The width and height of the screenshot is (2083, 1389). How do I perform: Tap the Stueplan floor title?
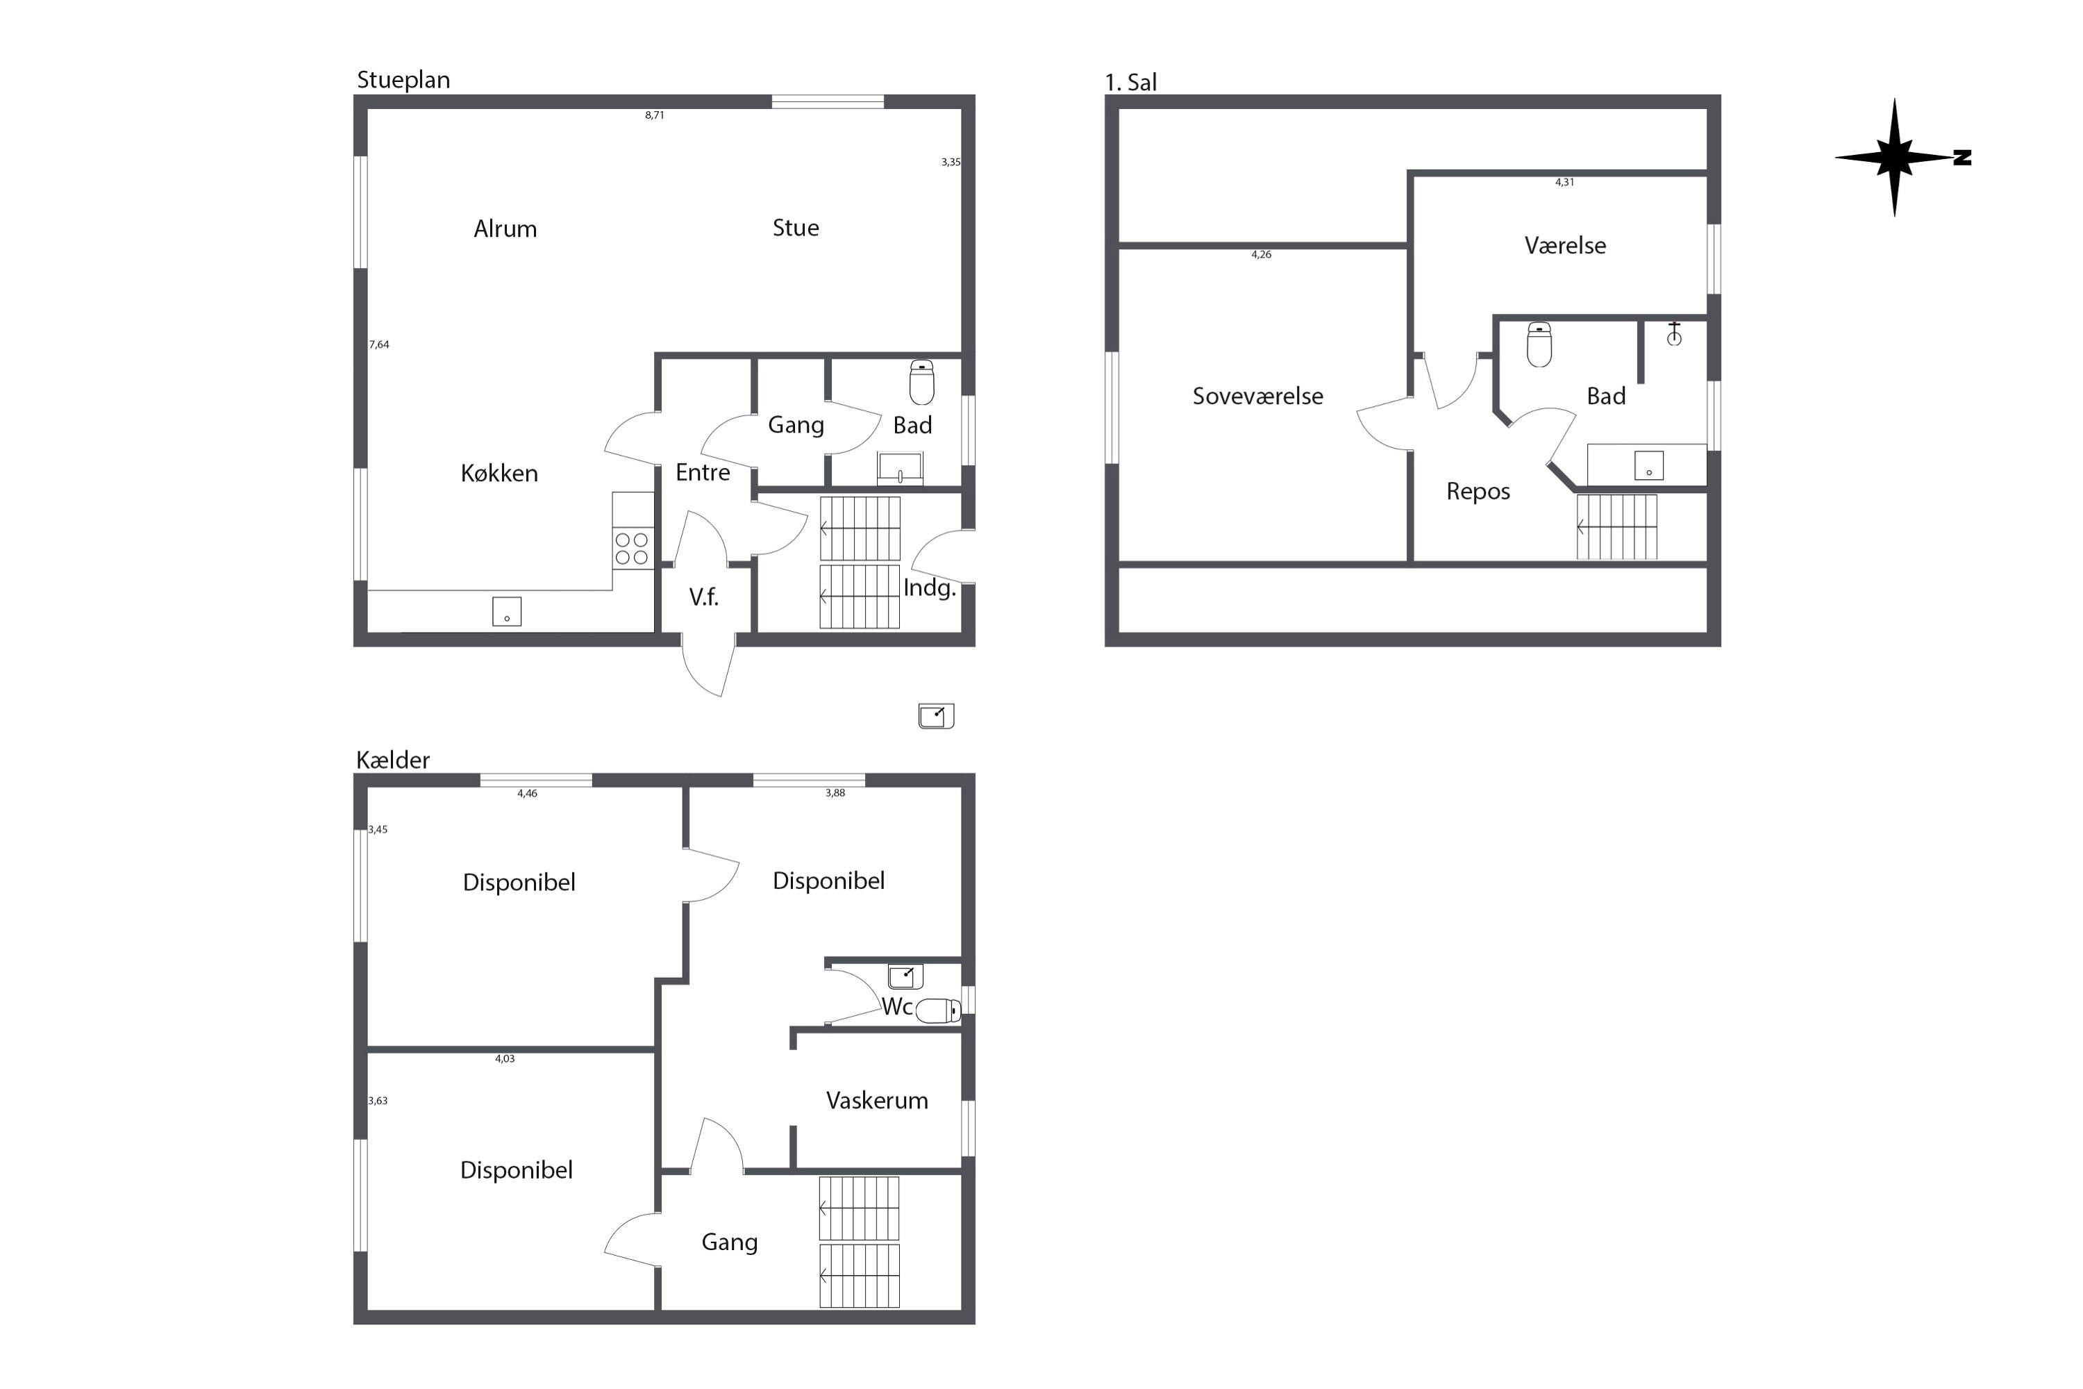(403, 81)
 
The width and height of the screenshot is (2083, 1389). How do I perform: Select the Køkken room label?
(499, 473)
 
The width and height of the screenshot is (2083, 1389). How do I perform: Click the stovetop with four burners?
(633, 547)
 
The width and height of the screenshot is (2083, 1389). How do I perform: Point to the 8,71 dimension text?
(655, 115)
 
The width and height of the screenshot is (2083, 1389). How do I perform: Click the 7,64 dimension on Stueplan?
(379, 344)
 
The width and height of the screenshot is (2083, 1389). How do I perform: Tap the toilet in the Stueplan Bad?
(922, 382)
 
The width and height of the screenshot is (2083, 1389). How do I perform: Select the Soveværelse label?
(1257, 396)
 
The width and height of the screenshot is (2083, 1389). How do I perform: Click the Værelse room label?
(1565, 245)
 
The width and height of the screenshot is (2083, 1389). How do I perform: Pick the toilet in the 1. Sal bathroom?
(1539, 344)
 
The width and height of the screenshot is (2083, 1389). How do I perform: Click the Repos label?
(1478, 492)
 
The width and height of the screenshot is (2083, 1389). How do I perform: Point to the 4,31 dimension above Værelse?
(1565, 183)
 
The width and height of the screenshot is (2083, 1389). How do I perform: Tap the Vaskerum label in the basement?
(877, 1100)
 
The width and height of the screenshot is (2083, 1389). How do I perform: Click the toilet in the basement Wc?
(938, 1010)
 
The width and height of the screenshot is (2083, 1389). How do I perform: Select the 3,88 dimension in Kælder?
(835, 793)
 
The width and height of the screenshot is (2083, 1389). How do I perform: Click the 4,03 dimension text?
(505, 1058)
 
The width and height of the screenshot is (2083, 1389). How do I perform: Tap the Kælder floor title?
(392, 760)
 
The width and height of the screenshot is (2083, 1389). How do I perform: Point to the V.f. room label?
(704, 597)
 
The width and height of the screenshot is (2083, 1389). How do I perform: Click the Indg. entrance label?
(930, 588)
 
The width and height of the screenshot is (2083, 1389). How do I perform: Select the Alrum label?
(505, 228)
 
